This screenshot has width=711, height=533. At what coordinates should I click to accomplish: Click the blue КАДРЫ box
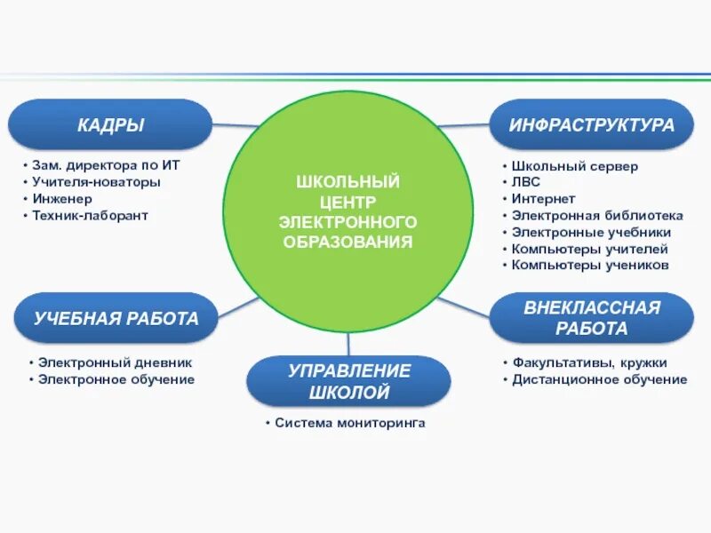coord(109,124)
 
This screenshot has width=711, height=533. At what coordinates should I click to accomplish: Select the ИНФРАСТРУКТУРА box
coord(591,124)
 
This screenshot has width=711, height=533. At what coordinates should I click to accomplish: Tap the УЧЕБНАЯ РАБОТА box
coord(116,318)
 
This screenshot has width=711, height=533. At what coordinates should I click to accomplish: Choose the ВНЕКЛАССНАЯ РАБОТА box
coord(591,318)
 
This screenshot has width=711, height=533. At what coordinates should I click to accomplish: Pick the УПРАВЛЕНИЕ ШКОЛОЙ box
coord(348,381)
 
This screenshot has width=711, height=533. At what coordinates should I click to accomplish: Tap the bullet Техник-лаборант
coord(90,216)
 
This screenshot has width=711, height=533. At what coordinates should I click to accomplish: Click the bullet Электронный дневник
coord(115,362)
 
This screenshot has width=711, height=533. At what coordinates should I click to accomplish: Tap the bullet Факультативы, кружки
coord(589,362)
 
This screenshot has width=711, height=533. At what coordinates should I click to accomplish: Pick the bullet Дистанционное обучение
coord(599,379)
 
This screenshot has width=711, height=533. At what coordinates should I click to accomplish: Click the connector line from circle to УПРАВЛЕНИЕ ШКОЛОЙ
coord(348,345)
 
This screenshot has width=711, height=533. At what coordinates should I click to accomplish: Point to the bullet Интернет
coord(543,199)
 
